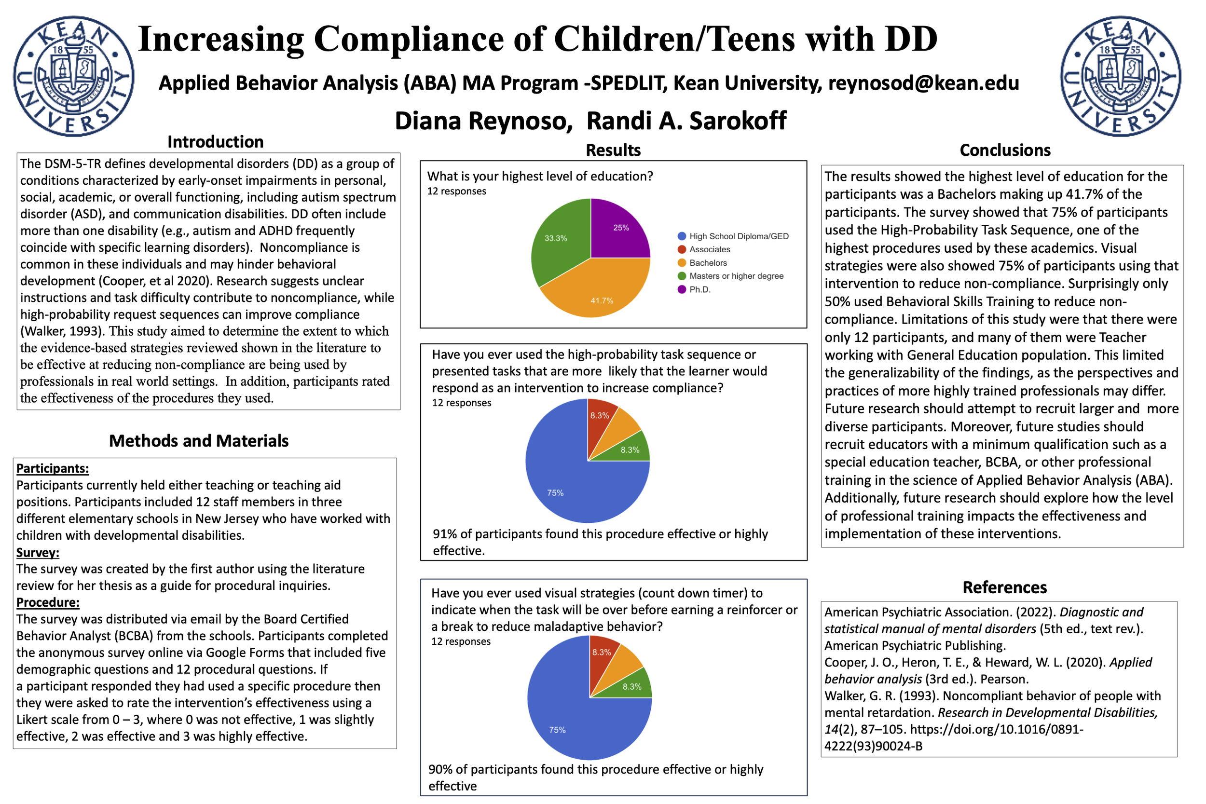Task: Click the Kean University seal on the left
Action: point(74,76)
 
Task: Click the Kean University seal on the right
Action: point(1120,76)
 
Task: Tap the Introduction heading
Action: point(215,142)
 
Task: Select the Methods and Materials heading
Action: point(199,441)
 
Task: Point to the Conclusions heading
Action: point(1005,150)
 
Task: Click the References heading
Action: point(1004,587)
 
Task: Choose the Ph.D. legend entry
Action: point(699,290)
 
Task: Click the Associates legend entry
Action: point(709,250)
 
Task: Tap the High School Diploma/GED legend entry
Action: point(739,236)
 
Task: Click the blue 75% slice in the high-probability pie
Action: point(564,482)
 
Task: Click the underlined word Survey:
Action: point(38,553)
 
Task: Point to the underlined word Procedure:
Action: point(48,602)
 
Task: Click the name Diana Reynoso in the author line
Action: point(483,121)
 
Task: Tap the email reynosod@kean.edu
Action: point(923,83)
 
